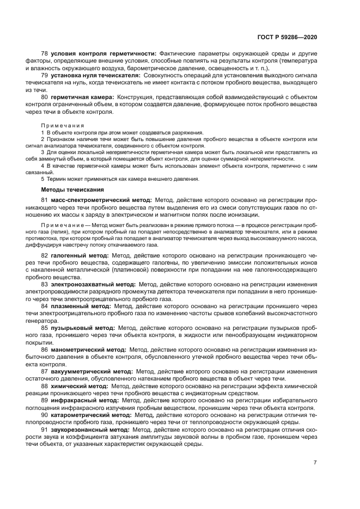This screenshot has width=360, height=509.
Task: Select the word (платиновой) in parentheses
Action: click(144, 269)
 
